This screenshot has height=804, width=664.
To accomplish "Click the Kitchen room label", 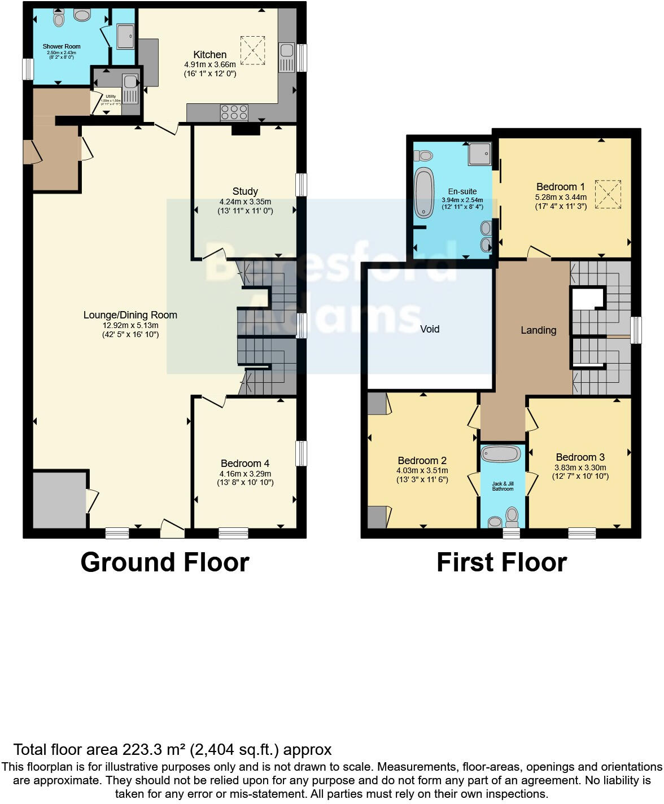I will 210,55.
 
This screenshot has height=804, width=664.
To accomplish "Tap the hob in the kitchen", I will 234,112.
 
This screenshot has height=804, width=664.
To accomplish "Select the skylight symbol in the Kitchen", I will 252,49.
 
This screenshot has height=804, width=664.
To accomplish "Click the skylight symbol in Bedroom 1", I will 608,194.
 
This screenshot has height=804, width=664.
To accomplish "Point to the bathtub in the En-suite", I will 423,192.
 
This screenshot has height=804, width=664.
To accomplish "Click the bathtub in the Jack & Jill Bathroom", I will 502,454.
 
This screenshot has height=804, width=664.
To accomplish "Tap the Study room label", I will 245,191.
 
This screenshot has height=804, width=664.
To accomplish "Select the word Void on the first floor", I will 430,329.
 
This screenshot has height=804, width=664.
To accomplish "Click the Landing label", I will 538,330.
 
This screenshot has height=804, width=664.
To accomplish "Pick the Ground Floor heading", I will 165,562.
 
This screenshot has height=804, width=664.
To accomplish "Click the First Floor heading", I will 501,562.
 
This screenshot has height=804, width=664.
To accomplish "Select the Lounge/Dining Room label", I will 130,315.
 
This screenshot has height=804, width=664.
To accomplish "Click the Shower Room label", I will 62,46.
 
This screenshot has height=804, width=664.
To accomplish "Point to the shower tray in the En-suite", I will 479,153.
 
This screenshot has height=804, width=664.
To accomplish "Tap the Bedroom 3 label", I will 580,457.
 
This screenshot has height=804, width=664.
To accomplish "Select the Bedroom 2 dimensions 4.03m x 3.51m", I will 422,470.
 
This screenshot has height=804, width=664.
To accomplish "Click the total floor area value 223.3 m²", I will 154,750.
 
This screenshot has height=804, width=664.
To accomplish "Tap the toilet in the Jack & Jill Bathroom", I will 512,515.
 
